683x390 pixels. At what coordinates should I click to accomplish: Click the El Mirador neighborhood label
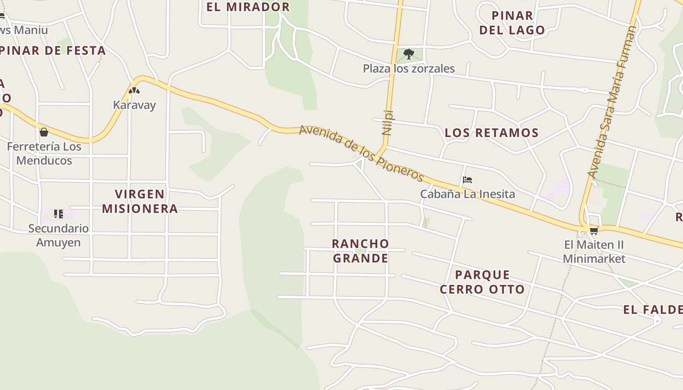[248, 7]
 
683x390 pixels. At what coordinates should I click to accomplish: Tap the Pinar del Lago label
[512, 22]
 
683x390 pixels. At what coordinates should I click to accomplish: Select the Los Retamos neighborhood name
[492, 133]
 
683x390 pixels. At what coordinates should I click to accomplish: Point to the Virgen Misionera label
[140, 201]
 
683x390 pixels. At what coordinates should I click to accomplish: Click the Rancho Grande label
[361, 251]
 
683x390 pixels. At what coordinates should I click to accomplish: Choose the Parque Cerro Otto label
[482, 282]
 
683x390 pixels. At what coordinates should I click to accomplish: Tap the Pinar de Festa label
[53, 50]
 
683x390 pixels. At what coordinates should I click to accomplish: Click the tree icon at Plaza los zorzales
[409, 54]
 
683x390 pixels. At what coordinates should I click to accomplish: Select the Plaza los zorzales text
[409, 68]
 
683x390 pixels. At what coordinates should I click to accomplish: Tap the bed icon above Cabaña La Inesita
[467, 180]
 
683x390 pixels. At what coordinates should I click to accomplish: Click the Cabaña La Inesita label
[467, 194]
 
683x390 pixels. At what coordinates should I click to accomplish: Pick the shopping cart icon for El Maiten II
[594, 231]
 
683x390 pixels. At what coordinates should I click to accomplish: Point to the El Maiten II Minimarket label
[594, 251]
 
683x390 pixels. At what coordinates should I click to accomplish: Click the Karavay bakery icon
[134, 91]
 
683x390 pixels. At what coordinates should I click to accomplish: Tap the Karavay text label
[134, 105]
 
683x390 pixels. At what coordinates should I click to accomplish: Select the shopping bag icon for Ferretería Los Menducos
[44, 132]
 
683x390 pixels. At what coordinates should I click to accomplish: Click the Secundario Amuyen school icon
[59, 214]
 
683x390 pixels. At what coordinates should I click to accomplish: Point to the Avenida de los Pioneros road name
[361, 153]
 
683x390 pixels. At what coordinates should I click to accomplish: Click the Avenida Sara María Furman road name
[612, 101]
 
